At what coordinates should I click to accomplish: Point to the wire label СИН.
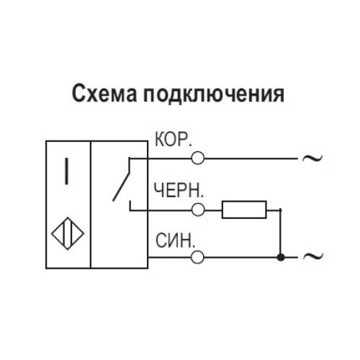pyautogui.click(x=175, y=240)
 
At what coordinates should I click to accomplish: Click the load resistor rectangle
pyautogui.click(x=244, y=210)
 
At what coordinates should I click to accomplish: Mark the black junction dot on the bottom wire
pyautogui.click(x=282, y=256)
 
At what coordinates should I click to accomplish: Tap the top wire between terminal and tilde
pyautogui.click(x=248, y=158)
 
